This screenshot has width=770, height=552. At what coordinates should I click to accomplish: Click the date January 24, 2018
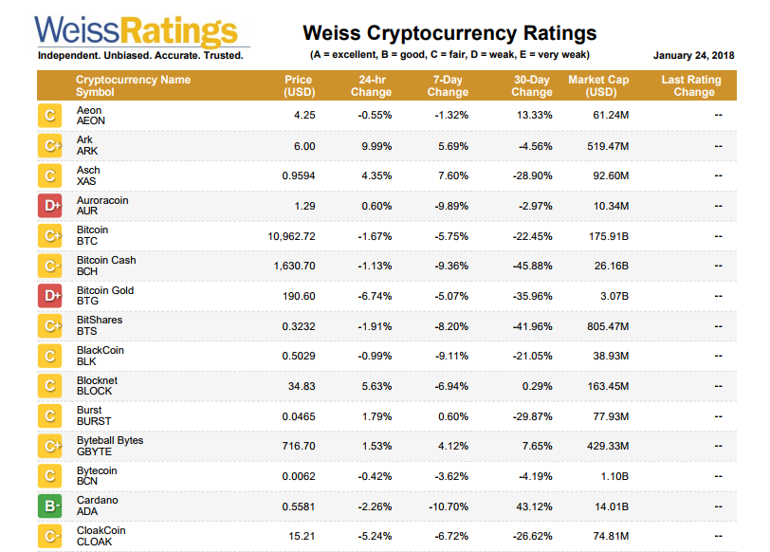tap(693, 55)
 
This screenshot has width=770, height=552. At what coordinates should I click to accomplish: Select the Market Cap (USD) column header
tap(599, 86)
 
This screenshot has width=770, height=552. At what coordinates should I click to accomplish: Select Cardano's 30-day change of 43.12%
tap(534, 506)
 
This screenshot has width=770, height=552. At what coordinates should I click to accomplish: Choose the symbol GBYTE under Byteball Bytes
tap(93, 452)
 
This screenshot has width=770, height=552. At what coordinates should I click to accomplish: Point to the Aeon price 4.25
tap(304, 116)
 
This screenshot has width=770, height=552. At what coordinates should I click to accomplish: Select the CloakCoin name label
tap(101, 530)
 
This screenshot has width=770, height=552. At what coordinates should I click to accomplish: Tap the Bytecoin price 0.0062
tap(298, 476)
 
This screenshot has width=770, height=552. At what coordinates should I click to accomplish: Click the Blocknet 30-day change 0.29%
tap(537, 386)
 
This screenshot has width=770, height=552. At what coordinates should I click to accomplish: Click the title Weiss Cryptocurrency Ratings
tap(449, 34)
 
